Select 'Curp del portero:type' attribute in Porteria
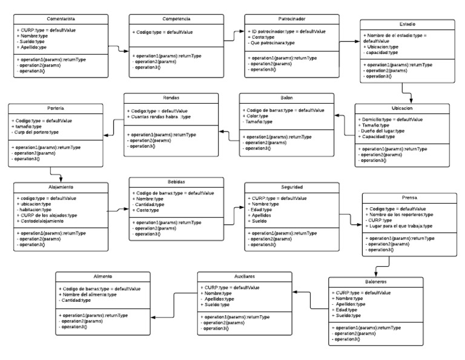coord(38,133)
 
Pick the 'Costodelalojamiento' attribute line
coord(42,221)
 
